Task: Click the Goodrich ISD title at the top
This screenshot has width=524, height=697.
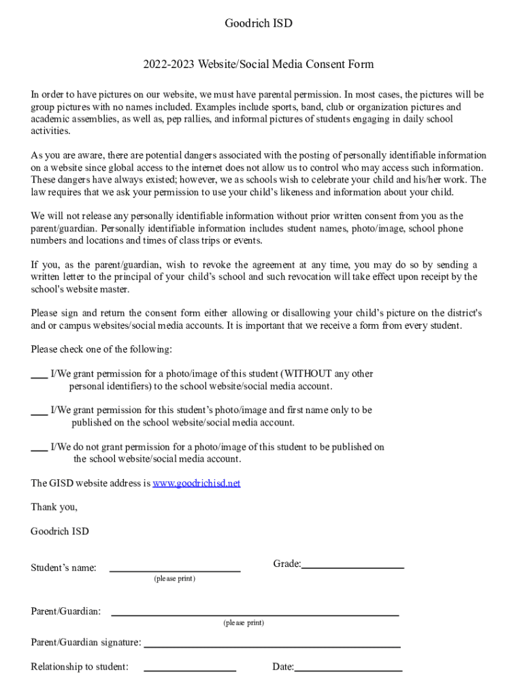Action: (x=258, y=24)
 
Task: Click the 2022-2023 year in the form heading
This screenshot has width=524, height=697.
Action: (x=167, y=65)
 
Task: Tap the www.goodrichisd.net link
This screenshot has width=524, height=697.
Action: (x=196, y=483)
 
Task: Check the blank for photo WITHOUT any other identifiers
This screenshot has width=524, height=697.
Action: (x=39, y=375)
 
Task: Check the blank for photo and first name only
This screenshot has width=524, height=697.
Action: (x=39, y=412)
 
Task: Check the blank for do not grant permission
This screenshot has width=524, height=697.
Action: (x=39, y=449)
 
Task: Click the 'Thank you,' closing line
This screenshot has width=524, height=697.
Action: (x=54, y=507)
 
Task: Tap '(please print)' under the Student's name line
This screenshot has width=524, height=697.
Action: (x=174, y=579)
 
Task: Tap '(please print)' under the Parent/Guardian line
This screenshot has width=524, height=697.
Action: (x=244, y=623)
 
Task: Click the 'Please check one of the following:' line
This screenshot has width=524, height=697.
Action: (x=101, y=349)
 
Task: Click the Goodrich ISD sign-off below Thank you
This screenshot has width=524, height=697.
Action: (x=60, y=531)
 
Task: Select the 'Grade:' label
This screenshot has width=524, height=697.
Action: (x=286, y=564)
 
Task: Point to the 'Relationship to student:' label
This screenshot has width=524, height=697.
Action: (x=80, y=667)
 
